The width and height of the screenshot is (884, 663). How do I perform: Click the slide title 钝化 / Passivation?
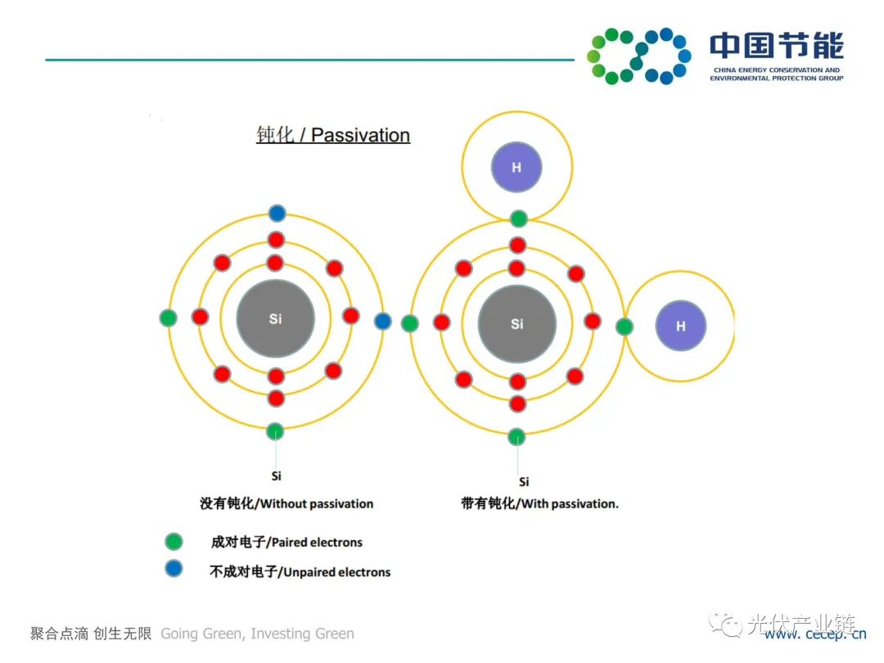[x=333, y=135]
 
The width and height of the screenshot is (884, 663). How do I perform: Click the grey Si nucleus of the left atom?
[x=276, y=319]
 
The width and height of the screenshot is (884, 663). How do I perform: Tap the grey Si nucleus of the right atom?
[x=516, y=324]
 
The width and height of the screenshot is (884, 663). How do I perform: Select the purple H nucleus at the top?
[x=516, y=168]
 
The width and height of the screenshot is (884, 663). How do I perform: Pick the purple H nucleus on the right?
[x=681, y=327]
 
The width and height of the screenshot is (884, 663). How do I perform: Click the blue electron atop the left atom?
[x=277, y=214]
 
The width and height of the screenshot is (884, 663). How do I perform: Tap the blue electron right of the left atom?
[x=383, y=321]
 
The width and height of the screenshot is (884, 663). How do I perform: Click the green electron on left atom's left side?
[x=169, y=318]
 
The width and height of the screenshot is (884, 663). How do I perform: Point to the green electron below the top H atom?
[x=518, y=219]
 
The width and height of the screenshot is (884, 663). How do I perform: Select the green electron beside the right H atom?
[x=625, y=327]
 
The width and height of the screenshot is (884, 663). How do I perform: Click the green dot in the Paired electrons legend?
[x=174, y=541]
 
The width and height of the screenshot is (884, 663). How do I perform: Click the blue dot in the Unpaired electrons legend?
[x=174, y=569]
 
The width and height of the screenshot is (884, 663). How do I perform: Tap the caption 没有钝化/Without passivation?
[x=286, y=503]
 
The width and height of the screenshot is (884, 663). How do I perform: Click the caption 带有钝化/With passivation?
[x=539, y=503]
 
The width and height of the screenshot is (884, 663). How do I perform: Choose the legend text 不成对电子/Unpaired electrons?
[x=300, y=572]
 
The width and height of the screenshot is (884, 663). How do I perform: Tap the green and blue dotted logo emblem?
[x=638, y=56]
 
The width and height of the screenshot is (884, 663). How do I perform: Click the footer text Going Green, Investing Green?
[x=257, y=634]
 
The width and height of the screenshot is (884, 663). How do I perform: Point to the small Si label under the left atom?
[x=276, y=476]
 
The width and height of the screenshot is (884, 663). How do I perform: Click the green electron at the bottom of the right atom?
[x=516, y=436]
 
